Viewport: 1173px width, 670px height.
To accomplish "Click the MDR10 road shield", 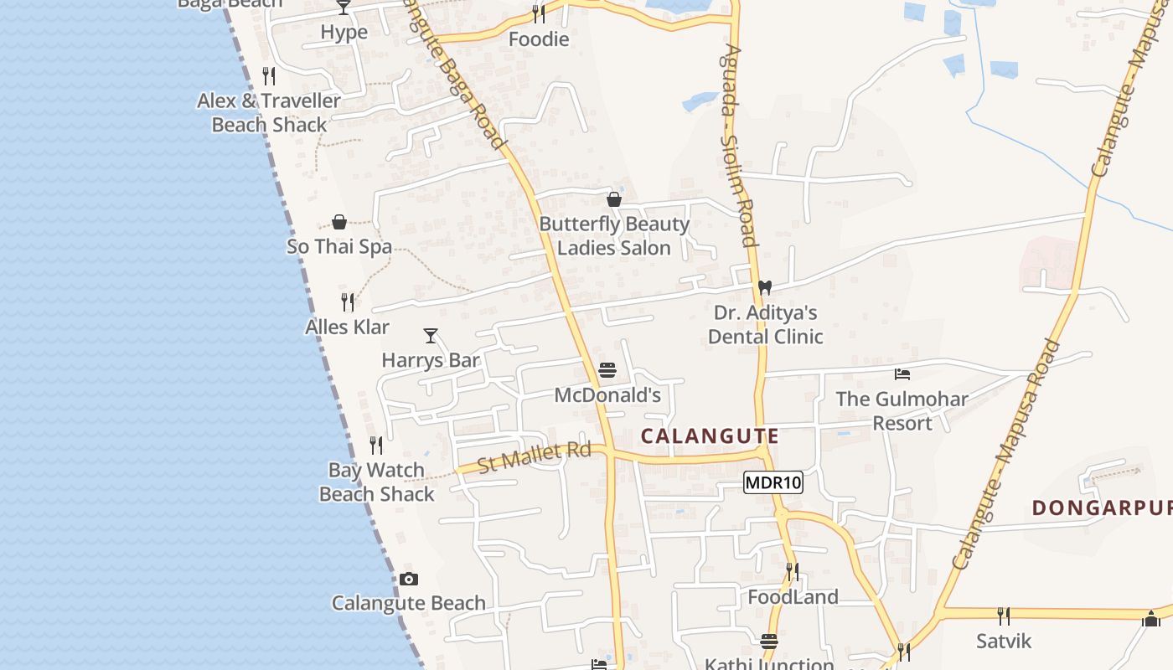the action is [773, 482].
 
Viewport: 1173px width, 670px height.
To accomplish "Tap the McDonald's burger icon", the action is [607, 370].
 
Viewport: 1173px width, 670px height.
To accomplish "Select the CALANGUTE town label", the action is [710, 436].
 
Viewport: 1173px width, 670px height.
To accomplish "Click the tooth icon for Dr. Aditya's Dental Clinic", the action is [764, 287].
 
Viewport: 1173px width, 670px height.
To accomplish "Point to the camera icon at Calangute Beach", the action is [408, 579].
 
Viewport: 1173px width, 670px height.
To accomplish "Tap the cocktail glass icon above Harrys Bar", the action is [431, 336].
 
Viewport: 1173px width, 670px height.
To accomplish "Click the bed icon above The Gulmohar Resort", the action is [902, 374].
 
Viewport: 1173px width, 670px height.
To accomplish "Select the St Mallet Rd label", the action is [534, 457].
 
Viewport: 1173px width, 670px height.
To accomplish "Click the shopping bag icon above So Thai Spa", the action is [339, 222].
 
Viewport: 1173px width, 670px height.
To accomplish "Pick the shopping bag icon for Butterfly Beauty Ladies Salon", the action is [614, 199].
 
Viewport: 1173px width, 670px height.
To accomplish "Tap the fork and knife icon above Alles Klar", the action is [347, 301].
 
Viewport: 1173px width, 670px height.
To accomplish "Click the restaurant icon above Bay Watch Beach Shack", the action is [376, 445].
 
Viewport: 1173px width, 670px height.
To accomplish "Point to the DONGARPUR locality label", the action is [1101, 508].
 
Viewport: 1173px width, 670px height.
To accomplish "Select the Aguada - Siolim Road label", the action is [738, 147].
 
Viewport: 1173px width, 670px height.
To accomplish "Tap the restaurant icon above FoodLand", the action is [792, 572].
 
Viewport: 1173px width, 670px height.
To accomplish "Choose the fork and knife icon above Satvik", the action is [1003, 616].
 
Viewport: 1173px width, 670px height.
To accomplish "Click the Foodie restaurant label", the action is [539, 39].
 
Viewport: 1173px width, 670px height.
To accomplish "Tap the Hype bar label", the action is [344, 33].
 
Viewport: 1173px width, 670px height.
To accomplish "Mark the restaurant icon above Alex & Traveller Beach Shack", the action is [269, 76].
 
